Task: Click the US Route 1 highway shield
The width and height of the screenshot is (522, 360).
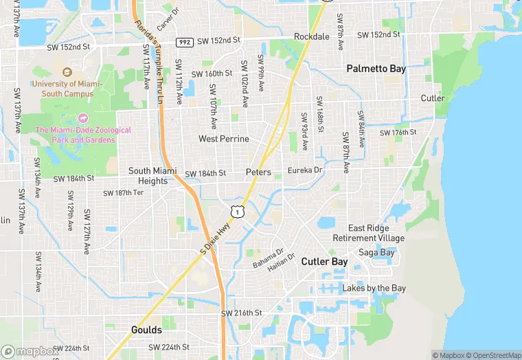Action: pyautogui.click(x=236, y=212)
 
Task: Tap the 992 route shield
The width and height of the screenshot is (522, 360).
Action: pyautogui.click(x=183, y=42)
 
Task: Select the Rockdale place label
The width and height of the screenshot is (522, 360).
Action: pyautogui.click(x=312, y=36)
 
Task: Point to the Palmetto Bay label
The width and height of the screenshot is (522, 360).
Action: pyautogui.click(x=376, y=69)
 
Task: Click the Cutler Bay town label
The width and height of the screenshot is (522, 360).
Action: pyautogui.click(x=324, y=262)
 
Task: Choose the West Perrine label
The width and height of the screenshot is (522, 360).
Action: pyautogui.click(x=224, y=139)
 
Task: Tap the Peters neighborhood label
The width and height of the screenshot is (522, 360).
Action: pyautogui.click(x=258, y=172)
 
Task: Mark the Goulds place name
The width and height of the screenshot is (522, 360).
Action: pyautogui.click(x=146, y=330)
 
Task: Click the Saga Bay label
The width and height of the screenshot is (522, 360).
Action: pyautogui.click(x=376, y=253)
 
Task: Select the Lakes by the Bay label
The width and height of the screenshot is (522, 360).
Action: pyautogui.click(x=374, y=289)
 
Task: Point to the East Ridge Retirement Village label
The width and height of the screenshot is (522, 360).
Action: pyautogui.click(x=368, y=233)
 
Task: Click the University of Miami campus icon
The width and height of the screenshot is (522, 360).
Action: pyautogui.click(x=67, y=72)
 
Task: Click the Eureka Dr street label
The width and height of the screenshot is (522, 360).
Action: pyautogui.click(x=305, y=170)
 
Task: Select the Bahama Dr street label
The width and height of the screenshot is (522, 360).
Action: pyautogui.click(x=267, y=258)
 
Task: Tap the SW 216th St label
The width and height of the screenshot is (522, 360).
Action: pyautogui.click(x=241, y=313)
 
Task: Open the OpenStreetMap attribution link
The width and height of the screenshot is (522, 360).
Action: pyautogui.click(x=493, y=355)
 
